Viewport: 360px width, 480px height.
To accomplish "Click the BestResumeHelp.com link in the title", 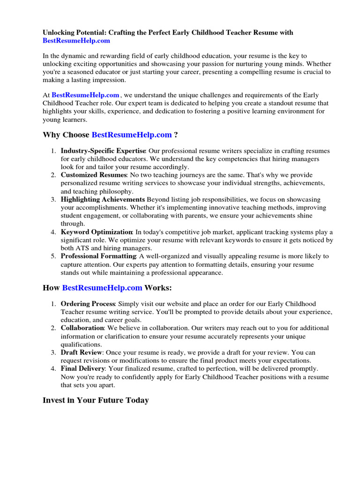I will [76, 41].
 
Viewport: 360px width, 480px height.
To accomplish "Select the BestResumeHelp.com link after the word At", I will [85, 95].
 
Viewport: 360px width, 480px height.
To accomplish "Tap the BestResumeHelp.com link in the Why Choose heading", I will [132, 135].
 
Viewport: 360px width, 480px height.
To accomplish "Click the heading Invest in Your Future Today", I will [96, 400].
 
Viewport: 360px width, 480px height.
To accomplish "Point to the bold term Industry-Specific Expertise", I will [103, 151].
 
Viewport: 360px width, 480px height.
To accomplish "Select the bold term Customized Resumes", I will [94, 175].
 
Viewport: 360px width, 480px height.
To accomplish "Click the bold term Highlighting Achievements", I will [103, 200].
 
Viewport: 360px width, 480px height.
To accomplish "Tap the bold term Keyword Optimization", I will [97, 232].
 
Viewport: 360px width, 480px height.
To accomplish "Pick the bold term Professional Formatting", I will [98, 256].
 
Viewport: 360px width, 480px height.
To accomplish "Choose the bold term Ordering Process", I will [88, 304].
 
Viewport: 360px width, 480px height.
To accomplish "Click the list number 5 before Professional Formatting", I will [53, 256].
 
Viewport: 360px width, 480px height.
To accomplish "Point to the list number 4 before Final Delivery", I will [53, 368].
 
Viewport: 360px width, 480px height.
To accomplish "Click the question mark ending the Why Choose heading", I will [176, 135].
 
